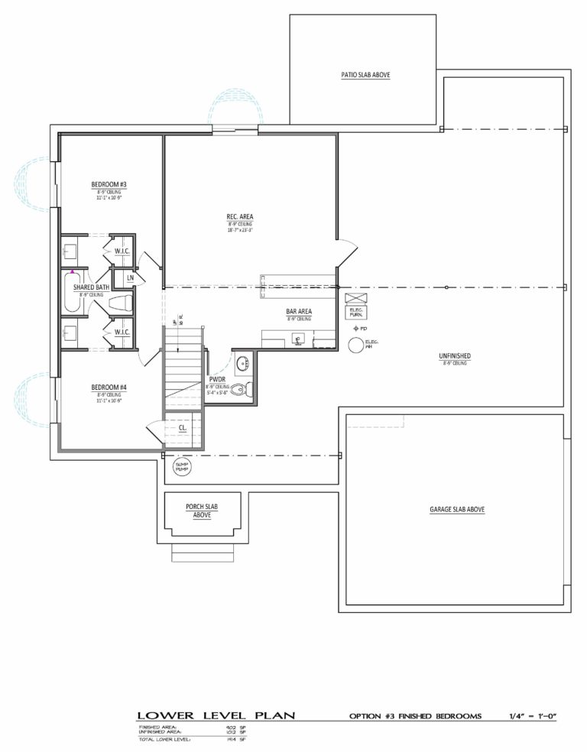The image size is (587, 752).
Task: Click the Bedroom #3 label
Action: pos(109,185)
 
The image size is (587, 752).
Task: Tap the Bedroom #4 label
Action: pos(109,387)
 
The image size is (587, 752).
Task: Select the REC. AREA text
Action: pos(239,217)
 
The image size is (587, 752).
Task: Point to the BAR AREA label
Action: pos(298,312)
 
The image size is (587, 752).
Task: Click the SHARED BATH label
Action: pos(89,287)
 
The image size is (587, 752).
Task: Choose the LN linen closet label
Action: pos(131,277)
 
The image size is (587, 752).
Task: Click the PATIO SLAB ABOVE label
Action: pos(365,75)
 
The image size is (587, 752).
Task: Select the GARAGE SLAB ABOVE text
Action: pos(456,509)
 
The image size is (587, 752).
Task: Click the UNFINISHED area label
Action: pos(454,356)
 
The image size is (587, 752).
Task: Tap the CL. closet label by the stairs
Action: pos(183,428)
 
